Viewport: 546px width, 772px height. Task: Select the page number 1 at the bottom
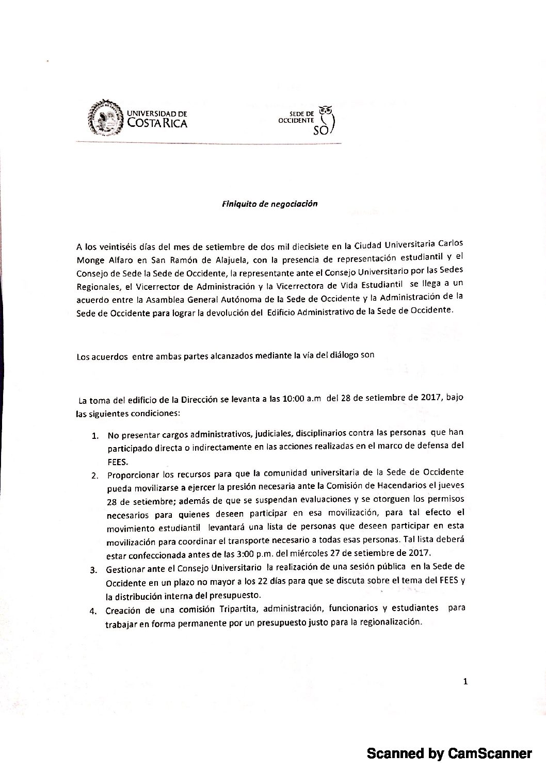465,682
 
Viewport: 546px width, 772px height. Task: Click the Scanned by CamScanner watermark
448,754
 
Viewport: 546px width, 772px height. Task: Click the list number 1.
95,435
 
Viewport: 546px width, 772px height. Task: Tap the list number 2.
95,475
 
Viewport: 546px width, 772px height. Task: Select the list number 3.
94,570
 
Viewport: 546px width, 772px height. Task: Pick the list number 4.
93,612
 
